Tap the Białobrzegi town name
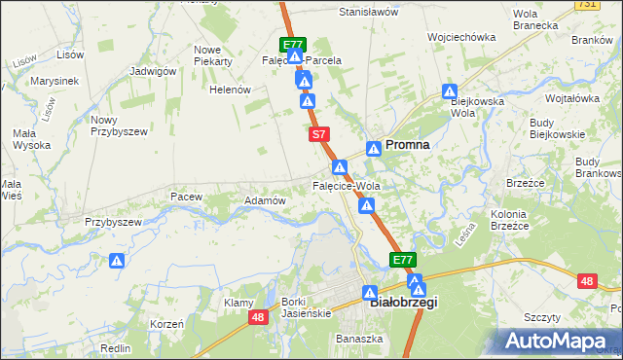click(x=405, y=303)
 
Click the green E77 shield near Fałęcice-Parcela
click(x=293, y=45)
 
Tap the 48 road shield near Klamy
click(x=258, y=317)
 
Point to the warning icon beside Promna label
click(x=374, y=149)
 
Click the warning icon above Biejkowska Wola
click(x=450, y=92)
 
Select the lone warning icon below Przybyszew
click(x=117, y=261)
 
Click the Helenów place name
click(x=231, y=90)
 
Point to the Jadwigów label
click(x=153, y=71)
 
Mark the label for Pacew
click(x=185, y=197)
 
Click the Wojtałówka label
click(x=572, y=99)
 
